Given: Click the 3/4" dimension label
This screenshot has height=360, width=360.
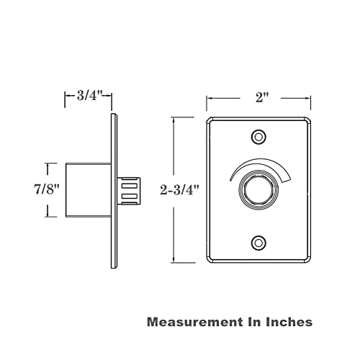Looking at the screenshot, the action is click(90, 96).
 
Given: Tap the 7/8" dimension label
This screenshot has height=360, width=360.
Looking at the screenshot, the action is click(47, 189).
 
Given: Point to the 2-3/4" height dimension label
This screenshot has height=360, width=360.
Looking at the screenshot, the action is click(180, 190).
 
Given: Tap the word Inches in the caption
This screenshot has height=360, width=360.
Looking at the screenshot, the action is click(289, 322).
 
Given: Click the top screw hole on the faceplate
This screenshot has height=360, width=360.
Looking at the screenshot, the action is click(258, 137).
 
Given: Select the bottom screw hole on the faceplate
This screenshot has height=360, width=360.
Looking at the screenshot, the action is click(258, 243).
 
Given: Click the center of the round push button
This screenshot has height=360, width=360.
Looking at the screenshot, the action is click(258, 189).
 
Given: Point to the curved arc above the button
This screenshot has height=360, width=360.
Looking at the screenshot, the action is click(261, 161).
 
